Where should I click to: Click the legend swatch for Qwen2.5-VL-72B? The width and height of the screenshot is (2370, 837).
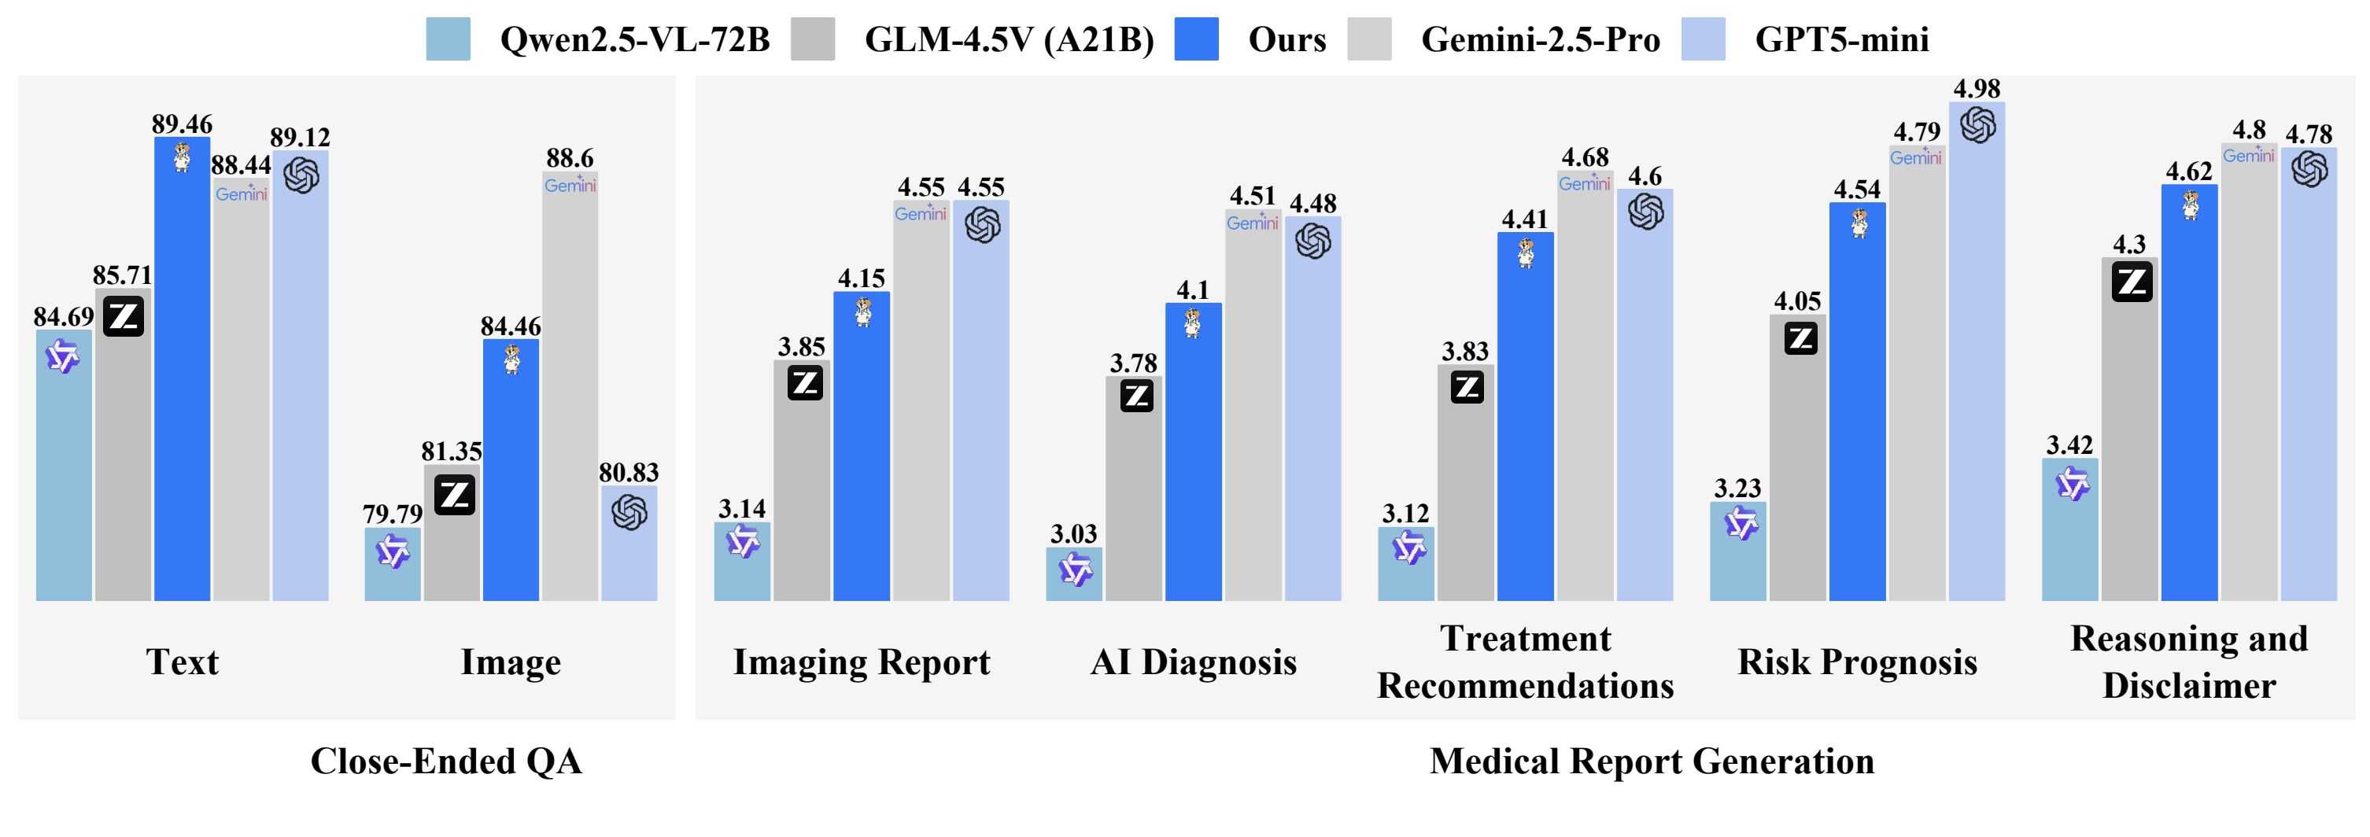[x=448, y=39]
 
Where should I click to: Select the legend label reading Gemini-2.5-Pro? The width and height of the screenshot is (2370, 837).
[x=1540, y=39]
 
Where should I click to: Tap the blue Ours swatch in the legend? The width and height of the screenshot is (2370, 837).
[x=1196, y=39]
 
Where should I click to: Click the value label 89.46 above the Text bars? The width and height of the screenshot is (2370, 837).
[x=183, y=124]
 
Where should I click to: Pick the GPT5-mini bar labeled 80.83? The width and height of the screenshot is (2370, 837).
[x=629, y=552]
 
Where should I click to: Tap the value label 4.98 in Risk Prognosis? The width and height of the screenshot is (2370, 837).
[x=1977, y=88]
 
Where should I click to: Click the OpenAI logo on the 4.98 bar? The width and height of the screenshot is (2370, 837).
[x=1977, y=125]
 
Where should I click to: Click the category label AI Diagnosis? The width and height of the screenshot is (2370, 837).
[x=1194, y=662]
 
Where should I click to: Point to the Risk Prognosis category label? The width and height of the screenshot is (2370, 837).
[x=1857, y=662]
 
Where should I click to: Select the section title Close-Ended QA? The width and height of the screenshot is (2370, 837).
[x=446, y=761]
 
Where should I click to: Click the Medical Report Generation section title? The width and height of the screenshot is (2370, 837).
[x=1652, y=761]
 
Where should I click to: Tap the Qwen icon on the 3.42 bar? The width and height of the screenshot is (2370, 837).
[x=2072, y=484]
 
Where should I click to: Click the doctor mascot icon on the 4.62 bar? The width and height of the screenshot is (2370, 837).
[x=2191, y=205]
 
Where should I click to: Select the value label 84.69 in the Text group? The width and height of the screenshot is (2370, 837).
[x=64, y=316]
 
